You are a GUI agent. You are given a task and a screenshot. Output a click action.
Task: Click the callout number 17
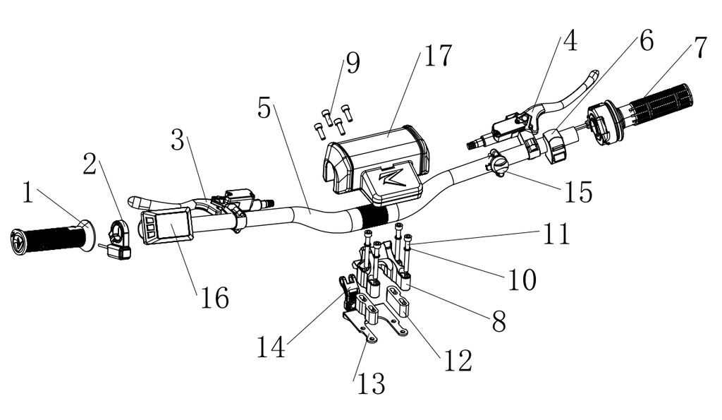click(x=437, y=55)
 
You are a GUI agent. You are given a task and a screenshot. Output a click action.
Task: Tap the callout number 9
click(x=351, y=64)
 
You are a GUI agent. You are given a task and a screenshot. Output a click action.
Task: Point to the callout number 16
click(x=212, y=299)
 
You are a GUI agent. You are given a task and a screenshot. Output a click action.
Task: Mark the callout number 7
click(x=699, y=48)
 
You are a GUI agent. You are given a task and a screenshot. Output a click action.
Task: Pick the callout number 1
click(x=27, y=193)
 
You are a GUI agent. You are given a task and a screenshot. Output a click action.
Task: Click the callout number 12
click(x=456, y=360)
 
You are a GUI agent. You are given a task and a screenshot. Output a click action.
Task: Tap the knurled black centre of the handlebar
click(x=377, y=214)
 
